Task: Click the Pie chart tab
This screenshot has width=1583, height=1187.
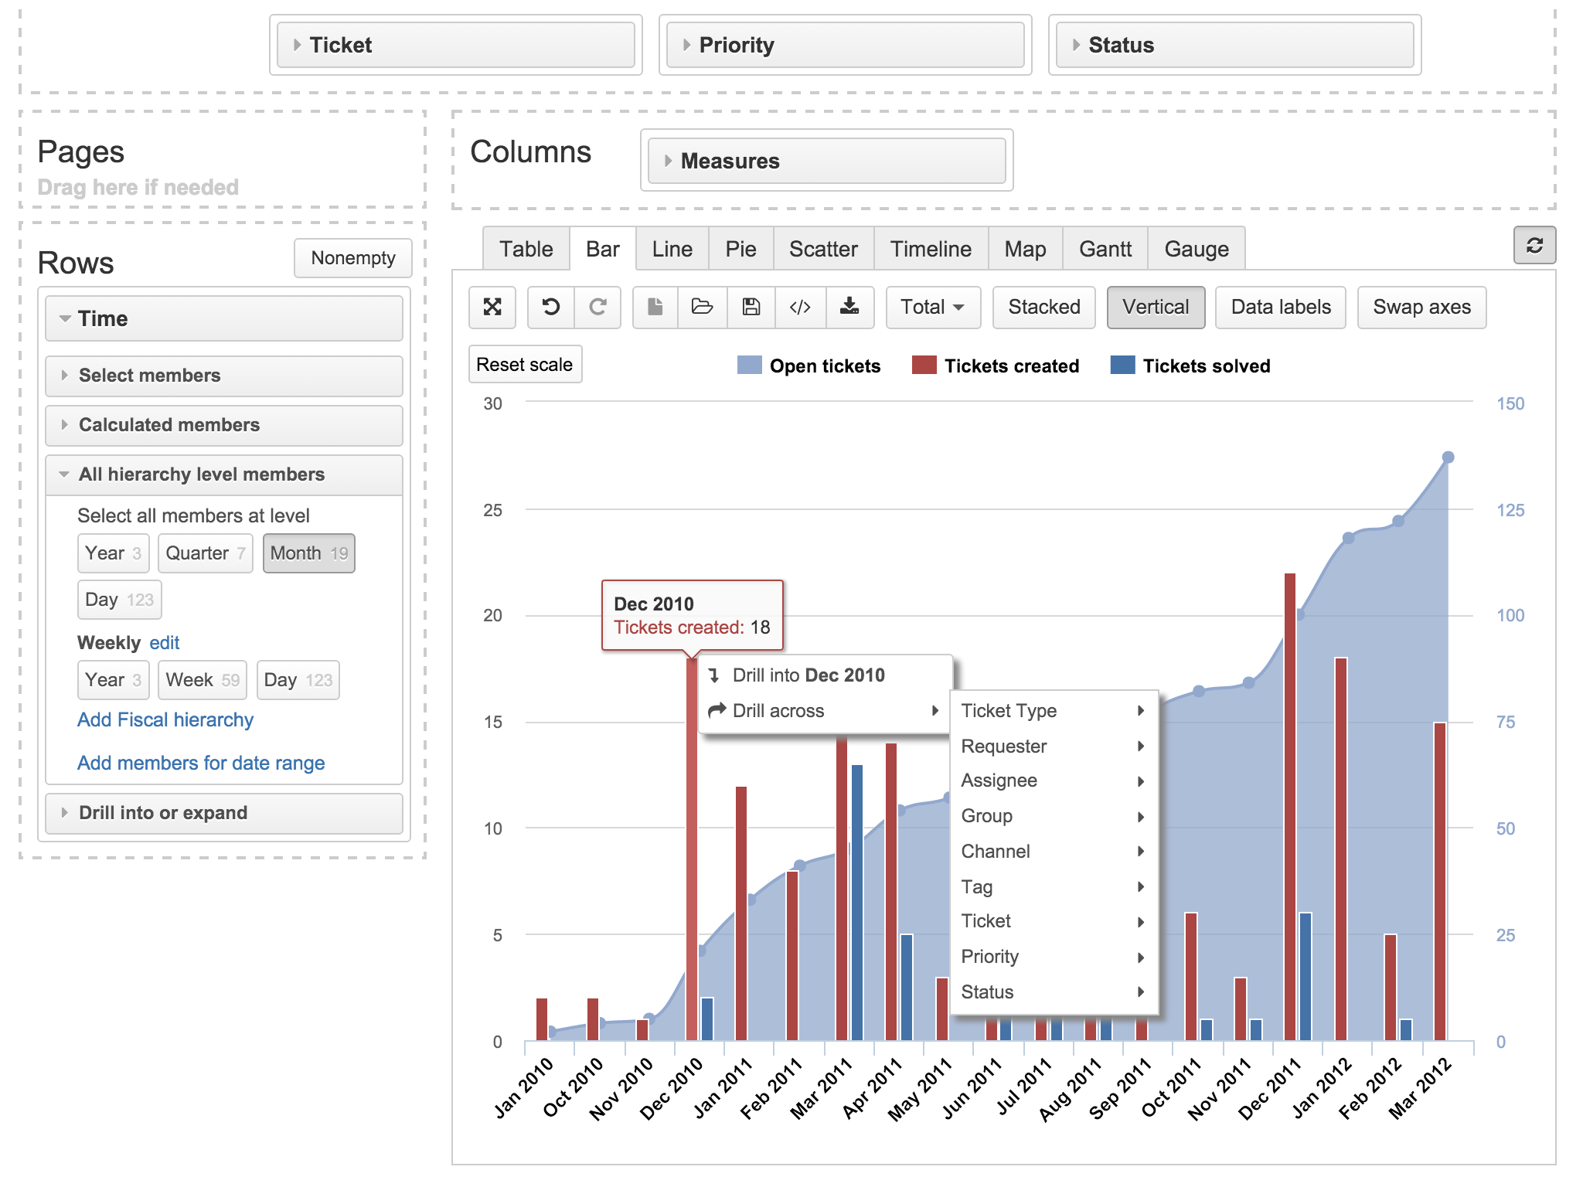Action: pos(740,249)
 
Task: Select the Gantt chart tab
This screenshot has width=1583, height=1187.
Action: pos(1105,249)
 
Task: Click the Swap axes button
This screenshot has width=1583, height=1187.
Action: pos(1421,307)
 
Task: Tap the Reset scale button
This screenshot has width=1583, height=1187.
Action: pos(525,364)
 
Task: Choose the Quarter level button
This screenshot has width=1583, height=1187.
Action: pos(205,553)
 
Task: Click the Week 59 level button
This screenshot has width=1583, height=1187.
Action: pos(202,680)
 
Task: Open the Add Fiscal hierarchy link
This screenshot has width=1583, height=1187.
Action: pos(165,720)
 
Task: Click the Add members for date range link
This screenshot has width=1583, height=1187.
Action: pos(201,764)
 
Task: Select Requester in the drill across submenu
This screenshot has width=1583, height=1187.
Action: pos(1003,747)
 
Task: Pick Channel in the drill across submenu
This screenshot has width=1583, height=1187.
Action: pos(996,852)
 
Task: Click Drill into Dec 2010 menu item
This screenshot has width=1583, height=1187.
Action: pos(808,675)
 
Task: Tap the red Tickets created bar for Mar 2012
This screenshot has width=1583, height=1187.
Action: pos(1439,881)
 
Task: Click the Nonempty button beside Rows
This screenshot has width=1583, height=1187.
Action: pos(352,258)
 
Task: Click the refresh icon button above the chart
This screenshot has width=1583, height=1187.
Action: pos(1534,246)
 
